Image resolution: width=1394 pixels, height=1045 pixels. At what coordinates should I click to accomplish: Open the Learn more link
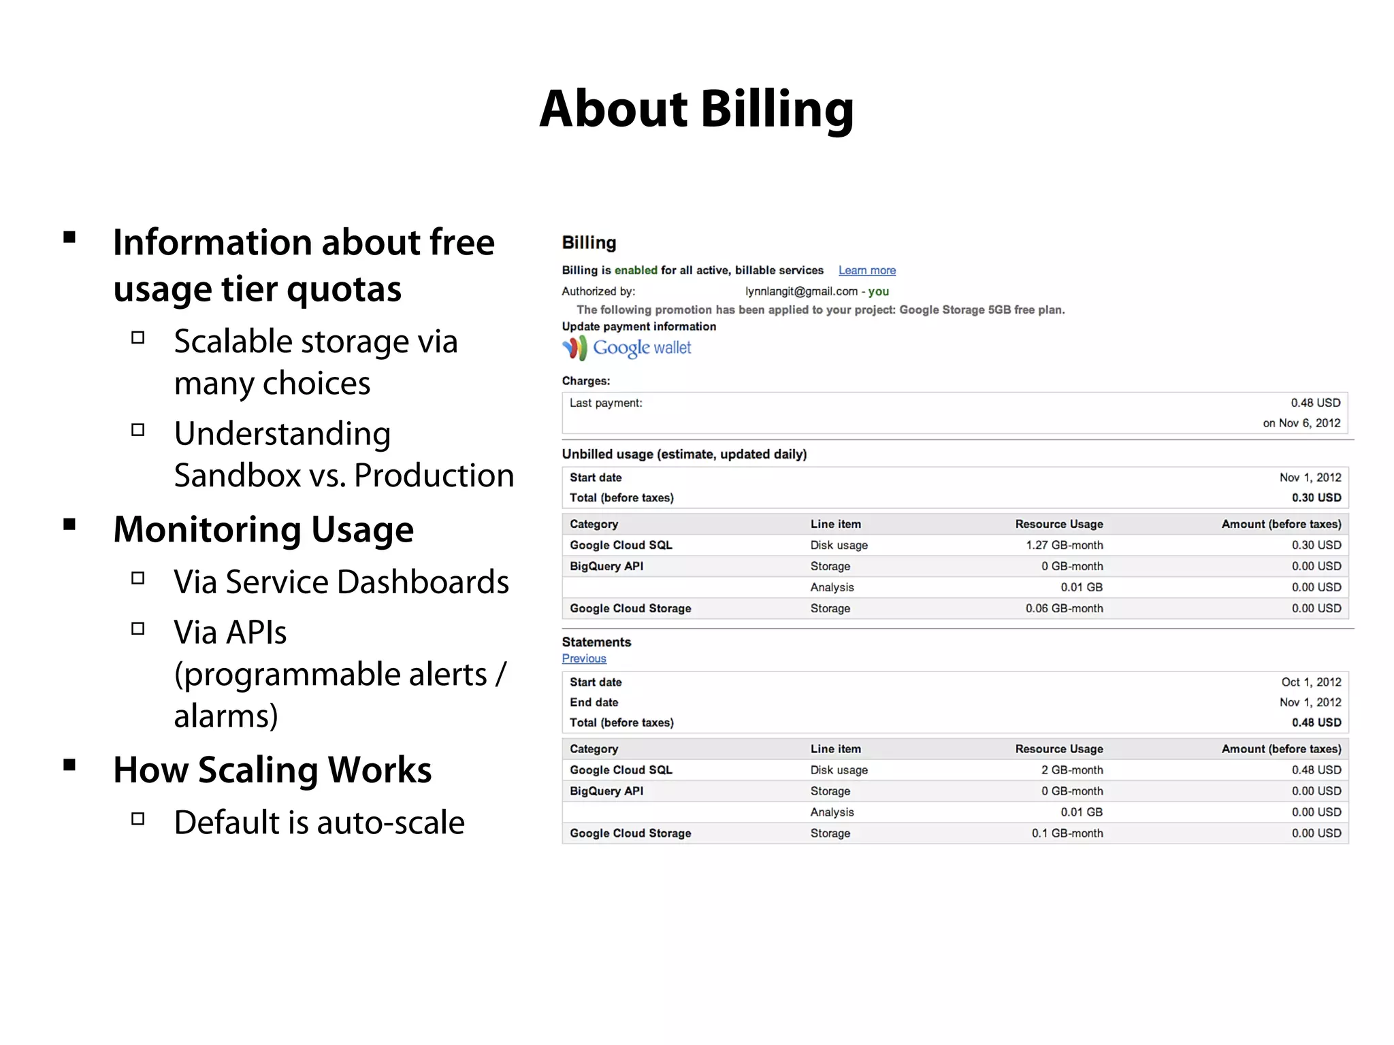coord(866,271)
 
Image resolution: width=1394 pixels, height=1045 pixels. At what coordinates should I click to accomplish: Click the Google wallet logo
coord(626,348)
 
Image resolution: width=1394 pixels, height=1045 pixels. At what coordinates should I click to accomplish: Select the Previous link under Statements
coord(584,659)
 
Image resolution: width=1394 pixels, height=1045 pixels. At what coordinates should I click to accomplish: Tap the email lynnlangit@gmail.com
coord(801,291)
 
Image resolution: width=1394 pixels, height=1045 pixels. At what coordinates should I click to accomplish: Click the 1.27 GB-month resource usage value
coord(1065,545)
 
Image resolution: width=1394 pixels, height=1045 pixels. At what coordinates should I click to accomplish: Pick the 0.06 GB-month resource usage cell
coord(1064,608)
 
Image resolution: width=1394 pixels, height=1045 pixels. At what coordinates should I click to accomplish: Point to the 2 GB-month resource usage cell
coord(1071,770)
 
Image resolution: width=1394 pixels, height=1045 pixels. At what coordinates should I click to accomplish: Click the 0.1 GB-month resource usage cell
coord(1067,833)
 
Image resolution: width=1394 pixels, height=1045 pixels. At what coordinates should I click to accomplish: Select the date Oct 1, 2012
coord(1311,682)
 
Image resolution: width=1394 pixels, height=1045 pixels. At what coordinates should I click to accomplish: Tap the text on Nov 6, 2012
coord(1301,423)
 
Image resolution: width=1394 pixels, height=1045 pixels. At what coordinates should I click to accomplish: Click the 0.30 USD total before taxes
coord(1316,498)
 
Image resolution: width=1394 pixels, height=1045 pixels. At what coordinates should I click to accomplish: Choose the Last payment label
coord(606,403)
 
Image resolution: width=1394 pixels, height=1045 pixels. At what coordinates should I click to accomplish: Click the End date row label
coord(594,702)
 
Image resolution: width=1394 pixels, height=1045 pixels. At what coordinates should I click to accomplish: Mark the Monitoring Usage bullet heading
coord(263,529)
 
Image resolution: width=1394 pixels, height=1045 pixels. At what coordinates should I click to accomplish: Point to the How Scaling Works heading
coord(272,769)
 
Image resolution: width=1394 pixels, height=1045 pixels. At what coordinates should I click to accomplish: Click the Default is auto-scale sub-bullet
coord(319,822)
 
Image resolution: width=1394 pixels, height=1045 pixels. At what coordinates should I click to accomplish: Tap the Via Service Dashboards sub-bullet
coord(341,582)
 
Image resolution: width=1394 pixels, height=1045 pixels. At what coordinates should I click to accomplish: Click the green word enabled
coord(636,270)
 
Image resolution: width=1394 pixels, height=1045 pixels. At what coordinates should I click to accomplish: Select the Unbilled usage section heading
coord(684,454)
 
